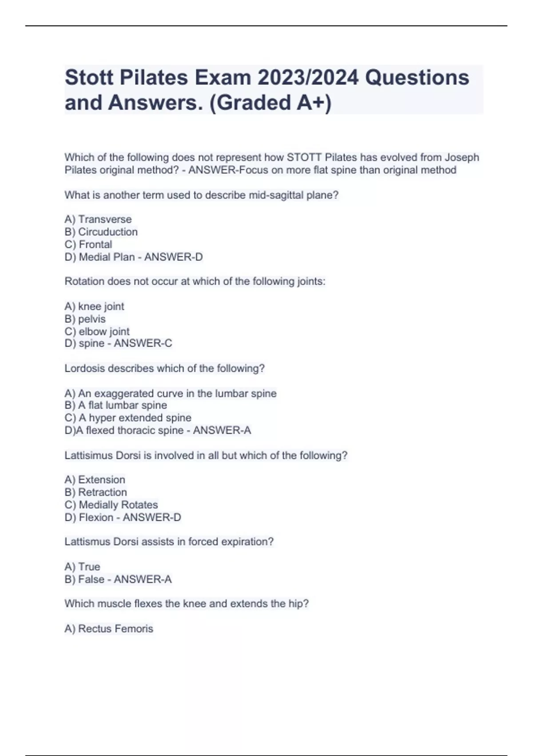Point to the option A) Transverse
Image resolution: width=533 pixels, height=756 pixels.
tap(98, 219)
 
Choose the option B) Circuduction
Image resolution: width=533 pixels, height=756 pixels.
tap(101, 232)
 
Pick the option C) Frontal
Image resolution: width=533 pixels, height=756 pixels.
tap(88, 244)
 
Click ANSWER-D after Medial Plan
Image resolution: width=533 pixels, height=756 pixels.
tap(173, 257)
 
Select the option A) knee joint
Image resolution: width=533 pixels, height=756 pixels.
tap(94, 306)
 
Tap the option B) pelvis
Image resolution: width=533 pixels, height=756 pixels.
tap(85, 319)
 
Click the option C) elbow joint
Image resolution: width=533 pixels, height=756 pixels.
tap(97, 331)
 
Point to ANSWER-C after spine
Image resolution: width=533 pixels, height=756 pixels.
tap(143, 343)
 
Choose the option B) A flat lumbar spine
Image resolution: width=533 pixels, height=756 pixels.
tap(116, 405)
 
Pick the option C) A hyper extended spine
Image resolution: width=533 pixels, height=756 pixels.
tap(128, 418)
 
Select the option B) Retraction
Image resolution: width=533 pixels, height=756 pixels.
tap(96, 492)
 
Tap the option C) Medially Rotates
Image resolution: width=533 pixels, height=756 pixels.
tap(111, 505)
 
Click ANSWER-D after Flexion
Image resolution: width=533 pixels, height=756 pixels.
tap(152, 517)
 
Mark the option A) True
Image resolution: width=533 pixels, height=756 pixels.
tap(83, 567)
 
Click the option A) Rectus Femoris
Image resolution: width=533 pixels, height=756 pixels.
tap(109, 628)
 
